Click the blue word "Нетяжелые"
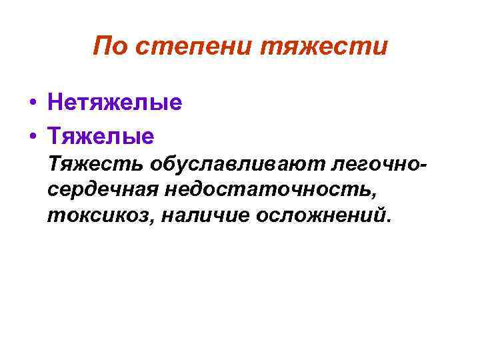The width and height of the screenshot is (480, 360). click(114, 103)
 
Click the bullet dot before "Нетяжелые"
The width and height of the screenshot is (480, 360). click(32, 104)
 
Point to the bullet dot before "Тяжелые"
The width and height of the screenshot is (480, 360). click(32, 136)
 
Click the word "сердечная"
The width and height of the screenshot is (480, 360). click(103, 190)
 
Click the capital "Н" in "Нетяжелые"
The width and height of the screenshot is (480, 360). click(55, 103)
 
